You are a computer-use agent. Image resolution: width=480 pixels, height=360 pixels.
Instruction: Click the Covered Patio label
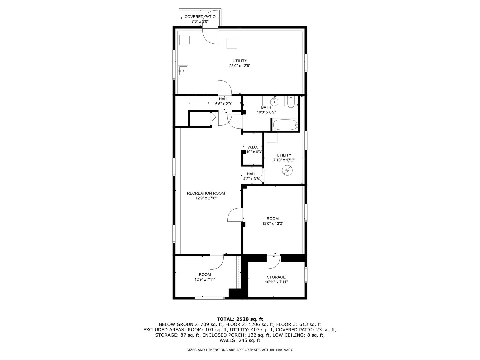200,17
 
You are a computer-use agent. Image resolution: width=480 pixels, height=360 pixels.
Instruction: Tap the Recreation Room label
206,193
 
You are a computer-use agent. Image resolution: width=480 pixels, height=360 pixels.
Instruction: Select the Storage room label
276,277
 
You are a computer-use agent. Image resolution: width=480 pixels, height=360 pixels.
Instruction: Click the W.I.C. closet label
252,147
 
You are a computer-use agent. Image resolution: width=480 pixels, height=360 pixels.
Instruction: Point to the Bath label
266,107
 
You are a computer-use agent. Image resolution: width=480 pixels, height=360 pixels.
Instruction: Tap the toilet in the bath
290,102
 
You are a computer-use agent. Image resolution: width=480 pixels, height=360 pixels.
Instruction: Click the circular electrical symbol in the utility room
287,171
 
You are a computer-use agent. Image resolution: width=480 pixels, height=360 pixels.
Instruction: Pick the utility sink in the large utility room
183,70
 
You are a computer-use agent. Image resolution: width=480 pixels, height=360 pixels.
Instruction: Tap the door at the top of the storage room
273,262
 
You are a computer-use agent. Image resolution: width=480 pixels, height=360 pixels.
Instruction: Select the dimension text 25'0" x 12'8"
240,66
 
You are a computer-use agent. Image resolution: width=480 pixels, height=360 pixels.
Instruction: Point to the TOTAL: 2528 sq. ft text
240,319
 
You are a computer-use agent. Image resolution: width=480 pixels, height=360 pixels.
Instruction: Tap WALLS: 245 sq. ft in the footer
240,340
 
